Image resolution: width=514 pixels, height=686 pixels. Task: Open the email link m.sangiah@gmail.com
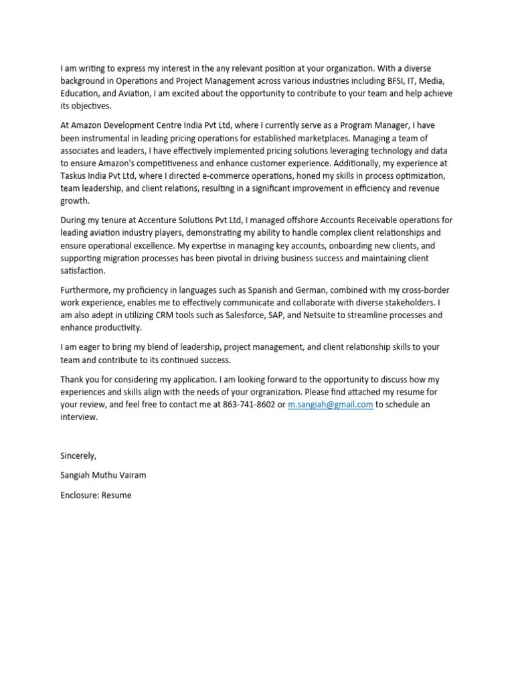tap(331, 405)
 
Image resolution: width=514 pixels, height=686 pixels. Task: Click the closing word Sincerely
tap(78, 456)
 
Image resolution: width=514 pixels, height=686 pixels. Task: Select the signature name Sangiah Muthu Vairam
tap(103, 475)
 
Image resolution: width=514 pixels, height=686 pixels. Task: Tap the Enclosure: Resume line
tap(96, 495)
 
